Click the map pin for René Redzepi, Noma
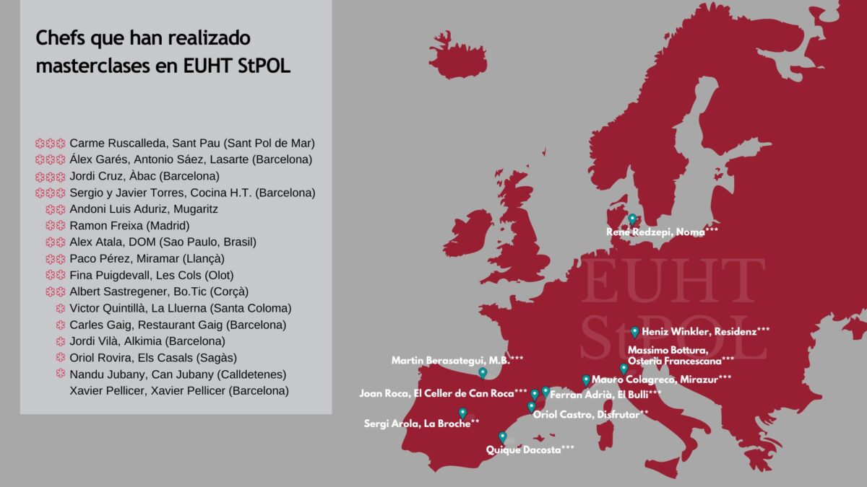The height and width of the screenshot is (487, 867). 632,219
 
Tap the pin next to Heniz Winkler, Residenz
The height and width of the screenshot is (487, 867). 634,331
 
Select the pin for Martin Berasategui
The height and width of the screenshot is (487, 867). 483,372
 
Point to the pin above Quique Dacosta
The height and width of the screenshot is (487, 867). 503,436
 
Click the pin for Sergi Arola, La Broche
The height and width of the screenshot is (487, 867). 463,413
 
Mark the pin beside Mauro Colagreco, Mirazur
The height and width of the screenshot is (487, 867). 586,379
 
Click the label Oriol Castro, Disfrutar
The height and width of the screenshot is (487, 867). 590,414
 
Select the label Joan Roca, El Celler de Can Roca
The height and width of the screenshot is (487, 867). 443,393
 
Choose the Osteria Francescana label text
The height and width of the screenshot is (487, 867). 681,360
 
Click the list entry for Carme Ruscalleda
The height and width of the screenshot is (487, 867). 191,143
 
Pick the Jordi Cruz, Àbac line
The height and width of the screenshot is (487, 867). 144,176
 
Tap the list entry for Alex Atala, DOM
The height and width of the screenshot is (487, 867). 163,242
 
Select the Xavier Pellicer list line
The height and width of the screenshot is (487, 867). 178,390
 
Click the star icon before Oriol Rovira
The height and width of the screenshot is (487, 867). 61,357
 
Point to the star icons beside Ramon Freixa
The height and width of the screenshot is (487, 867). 56,225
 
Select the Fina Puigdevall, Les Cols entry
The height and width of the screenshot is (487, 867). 151,275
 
